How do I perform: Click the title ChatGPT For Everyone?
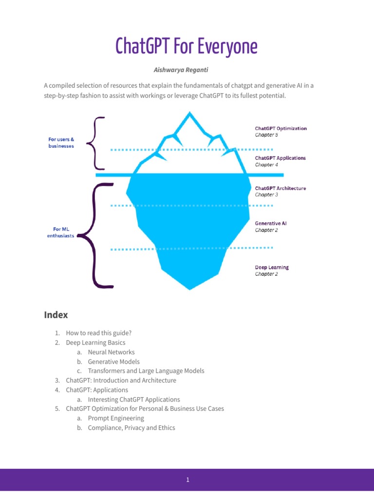click(x=187, y=47)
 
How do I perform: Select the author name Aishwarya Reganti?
click(x=187, y=70)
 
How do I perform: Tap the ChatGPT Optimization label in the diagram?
click(x=281, y=129)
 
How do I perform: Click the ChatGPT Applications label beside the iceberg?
click(x=280, y=158)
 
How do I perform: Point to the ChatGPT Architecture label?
click(x=280, y=188)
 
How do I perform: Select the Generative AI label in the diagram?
click(x=271, y=223)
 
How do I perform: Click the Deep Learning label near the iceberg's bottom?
click(x=272, y=268)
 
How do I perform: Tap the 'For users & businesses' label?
click(x=61, y=142)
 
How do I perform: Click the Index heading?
click(x=56, y=315)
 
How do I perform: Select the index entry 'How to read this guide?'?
click(x=99, y=333)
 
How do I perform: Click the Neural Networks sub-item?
click(x=111, y=352)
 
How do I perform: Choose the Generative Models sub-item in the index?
click(x=113, y=362)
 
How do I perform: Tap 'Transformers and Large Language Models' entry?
click(x=146, y=371)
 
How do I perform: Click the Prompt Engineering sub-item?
click(x=116, y=418)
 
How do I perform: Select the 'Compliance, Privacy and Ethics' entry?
click(x=131, y=428)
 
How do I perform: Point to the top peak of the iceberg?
click(x=189, y=113)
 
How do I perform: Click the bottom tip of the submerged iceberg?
click(x=190, y=288)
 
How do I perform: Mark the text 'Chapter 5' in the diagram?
click(x=266, y=135)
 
